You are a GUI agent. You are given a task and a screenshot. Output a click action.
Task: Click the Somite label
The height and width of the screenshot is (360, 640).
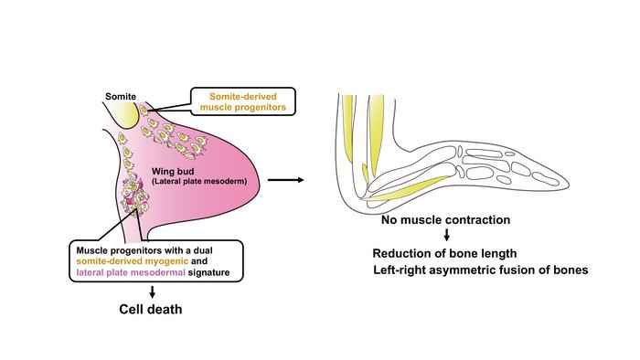tap(121, 97)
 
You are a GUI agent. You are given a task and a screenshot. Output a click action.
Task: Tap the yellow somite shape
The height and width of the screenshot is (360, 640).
tap(125, 114)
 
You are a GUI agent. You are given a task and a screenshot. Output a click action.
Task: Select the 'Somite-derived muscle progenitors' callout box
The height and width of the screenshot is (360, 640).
tap(243, 101)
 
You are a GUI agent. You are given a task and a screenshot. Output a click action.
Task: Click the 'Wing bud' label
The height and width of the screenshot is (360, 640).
tap(173, 172)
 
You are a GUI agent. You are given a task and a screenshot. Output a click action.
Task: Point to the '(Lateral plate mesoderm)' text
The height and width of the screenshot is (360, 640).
tap(199, 182)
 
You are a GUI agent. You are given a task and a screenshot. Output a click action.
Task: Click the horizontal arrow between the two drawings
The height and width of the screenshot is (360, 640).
tap(285, 180)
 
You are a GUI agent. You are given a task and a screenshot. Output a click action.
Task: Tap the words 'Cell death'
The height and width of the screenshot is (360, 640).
tap(151, 309)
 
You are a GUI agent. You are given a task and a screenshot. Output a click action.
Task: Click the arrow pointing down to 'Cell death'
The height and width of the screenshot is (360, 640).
tap(153, 291)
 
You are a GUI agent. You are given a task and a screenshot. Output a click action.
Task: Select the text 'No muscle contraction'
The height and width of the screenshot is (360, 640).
tap(446, 220)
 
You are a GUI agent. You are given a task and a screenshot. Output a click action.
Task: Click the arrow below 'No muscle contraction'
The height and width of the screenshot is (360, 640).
tap(446, 235)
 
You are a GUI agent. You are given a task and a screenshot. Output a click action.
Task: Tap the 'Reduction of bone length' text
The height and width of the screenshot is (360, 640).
tap(444, 254)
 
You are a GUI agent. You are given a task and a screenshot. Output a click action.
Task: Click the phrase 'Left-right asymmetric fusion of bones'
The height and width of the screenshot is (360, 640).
tap(481, 270)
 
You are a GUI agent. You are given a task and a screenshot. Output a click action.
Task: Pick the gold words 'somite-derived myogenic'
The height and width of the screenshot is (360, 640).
tap(133, 261)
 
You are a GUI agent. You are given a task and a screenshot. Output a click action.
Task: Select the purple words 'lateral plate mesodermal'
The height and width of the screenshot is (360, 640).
tap(131, 272)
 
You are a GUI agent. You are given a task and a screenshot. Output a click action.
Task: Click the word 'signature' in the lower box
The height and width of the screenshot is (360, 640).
tap(208, 272)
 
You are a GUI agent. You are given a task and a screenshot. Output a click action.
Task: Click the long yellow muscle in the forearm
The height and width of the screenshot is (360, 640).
tap(411, 188)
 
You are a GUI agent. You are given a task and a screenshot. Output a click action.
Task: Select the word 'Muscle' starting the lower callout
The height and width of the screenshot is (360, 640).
tap(91, 250)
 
